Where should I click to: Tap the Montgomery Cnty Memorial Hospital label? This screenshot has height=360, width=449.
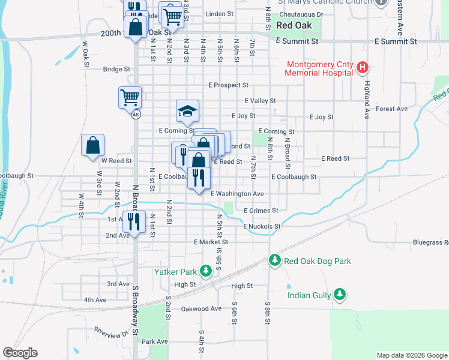319,68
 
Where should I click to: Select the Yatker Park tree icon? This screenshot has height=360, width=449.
206,272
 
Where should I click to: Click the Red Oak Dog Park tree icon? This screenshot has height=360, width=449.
275,260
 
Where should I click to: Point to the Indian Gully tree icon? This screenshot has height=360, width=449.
340,294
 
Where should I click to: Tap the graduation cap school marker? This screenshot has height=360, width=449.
187,110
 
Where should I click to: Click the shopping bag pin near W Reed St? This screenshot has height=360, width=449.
93,145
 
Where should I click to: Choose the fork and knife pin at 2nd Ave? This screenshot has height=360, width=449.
134,221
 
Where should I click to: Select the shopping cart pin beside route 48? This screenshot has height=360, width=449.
130,97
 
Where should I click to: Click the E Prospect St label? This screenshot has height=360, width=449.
228,86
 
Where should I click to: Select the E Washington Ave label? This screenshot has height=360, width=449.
237,194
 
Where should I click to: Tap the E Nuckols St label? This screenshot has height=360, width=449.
262,227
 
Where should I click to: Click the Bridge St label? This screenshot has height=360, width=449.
116,70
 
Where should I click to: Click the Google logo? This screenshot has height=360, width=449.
20,353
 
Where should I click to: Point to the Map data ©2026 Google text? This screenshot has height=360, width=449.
411,355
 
